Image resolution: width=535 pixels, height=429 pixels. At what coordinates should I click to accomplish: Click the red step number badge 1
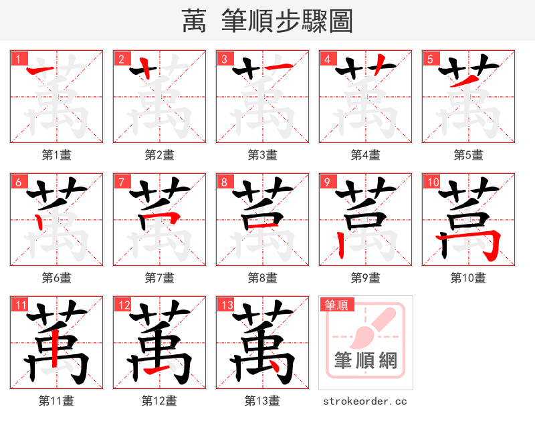point(17,59)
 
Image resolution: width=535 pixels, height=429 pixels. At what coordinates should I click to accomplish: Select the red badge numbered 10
point(431,182)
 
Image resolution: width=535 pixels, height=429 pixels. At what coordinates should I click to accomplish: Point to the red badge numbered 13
point(225,305)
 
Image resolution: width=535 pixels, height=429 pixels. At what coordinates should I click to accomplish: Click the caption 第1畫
point(57,155)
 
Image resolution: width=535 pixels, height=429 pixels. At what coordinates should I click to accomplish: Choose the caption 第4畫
point(366,155)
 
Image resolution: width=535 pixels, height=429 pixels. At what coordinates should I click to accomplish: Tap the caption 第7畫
point(160,278)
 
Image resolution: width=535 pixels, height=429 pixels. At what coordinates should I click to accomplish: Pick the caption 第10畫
point(468,278)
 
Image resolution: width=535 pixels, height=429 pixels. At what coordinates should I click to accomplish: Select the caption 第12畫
point(160,401)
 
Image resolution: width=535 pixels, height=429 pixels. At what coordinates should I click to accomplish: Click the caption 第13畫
point(263,401)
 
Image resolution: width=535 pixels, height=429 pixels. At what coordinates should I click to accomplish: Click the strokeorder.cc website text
point(365,402)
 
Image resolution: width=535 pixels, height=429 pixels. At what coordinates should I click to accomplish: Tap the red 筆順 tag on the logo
point(336,305)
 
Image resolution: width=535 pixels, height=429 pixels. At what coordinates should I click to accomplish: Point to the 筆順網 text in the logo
point(366,362)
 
